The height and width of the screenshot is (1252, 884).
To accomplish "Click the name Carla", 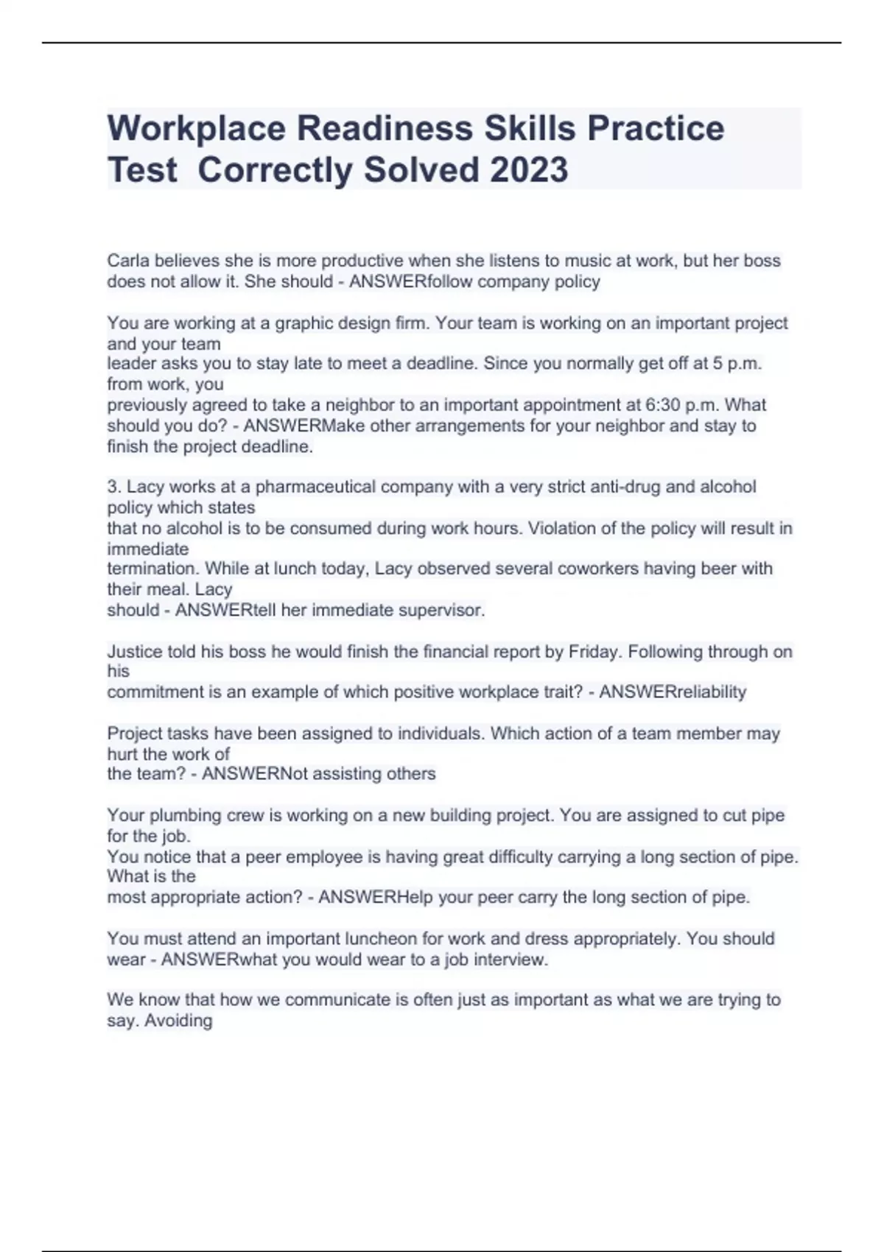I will pyautogui.click(x=127, y=261).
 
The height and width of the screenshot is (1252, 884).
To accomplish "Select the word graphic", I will pyautogui.click(x=302, y=323).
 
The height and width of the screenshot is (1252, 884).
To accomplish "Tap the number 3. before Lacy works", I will pyautogui.click(x=114, y=487).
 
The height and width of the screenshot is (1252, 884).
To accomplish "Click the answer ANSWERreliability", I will pyautogui.click(x=673, y=692).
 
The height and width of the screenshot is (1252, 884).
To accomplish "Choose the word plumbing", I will pyautogui.click(x=180, y=816).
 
